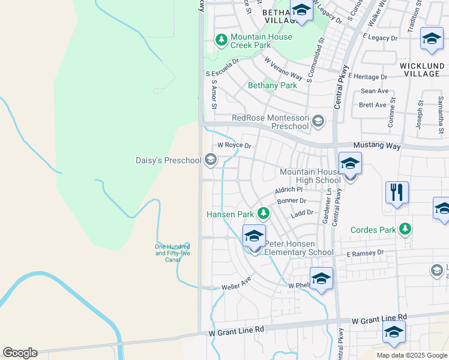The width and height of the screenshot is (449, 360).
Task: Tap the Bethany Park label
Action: pyautogui.click(x=273, y=86)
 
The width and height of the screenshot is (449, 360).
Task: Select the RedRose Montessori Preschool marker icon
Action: pyautogui.click(x=318, y=122)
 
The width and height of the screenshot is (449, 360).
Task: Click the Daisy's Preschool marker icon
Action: pyautogui.click(x=210, y=160)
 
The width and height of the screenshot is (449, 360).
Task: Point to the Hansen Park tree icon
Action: pyautogui.click(x=263, y=213)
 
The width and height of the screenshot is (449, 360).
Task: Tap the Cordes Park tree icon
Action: pyautogui.click(x=406, y=229)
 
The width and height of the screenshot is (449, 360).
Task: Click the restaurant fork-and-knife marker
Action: pyautogui.click(x=397, y=193)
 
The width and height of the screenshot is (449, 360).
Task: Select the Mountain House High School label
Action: pyautogui.click(x=310, y=176)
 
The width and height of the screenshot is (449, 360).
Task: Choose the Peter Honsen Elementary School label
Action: pyautogui.click(x=299, y=248)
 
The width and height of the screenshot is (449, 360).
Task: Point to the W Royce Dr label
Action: pyautogui.click(x=234, y=145)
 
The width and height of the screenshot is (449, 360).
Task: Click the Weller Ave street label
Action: pyautogui.click(x=236, y=284)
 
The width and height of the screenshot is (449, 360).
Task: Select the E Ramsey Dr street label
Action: pyautogui.click(x=365, y=254)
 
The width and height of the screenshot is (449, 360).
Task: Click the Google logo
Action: pyautogui.click(x=20, y=353)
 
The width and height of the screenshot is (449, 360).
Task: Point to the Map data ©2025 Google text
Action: pyautogui.click(x=411, y=355)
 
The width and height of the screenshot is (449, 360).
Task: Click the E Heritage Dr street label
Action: pyautogui.click(x=367, y=77)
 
